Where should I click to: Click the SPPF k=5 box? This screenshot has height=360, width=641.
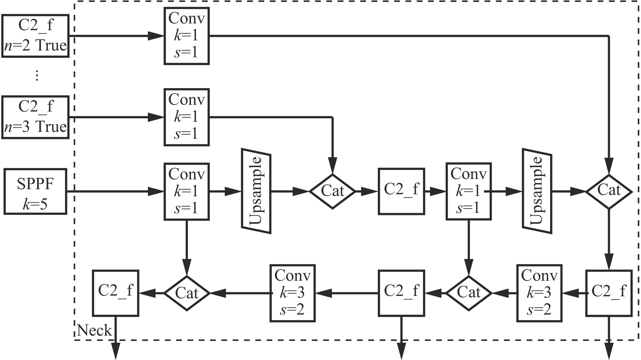click(x=35, y=192)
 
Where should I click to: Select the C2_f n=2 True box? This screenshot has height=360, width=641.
click(x=35, y=36)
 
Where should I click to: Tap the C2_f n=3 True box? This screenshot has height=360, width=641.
click(x=35, y=117)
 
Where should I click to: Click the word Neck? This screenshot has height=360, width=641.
click(x=94, y=330)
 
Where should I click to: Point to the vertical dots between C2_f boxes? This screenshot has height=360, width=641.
click(x=37, y=75)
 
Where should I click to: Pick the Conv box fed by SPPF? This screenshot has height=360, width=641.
click(x=187, y=192)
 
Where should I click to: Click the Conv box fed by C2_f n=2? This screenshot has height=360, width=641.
click(x=187, y=36)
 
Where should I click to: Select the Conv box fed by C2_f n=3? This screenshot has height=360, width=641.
click(x=187, y=117)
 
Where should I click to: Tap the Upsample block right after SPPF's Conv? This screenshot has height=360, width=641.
click(x=256, y=191)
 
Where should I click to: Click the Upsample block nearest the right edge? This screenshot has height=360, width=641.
click(x=537, y=191)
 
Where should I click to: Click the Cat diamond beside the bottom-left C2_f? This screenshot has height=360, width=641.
click(x=187, y=293)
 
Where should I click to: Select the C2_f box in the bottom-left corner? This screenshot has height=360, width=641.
click(x=116, y=293)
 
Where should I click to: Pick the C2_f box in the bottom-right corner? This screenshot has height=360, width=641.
click(x=609, y=293)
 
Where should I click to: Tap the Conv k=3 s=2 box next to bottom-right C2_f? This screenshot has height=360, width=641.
click(x=539, y=293)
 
